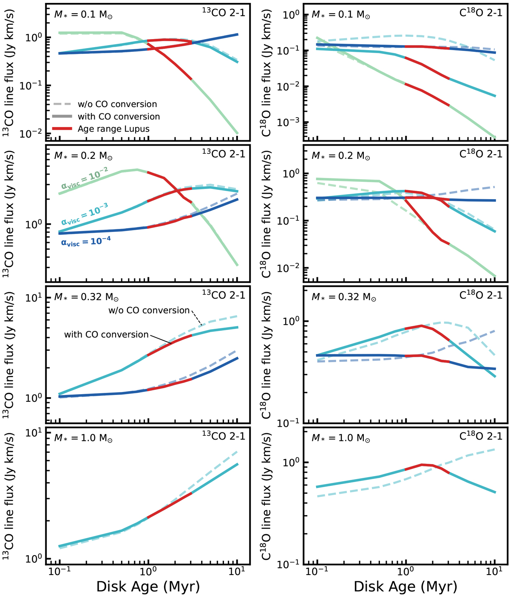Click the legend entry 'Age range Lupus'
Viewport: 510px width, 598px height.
pyautogui.click(x=113, y=129)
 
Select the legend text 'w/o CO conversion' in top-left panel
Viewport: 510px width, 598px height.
pyautogui.click(x=117, y=104)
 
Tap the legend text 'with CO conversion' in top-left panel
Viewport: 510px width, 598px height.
pyautogui.click(x=119, y=116)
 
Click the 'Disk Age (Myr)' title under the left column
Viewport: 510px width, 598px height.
pyautogui.click(x=148, y=587)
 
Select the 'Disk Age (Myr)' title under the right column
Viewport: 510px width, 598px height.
pyautogui.click(x=405, y=587)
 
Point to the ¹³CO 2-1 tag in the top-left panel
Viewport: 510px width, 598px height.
pyautogui.click(x=224, y=13)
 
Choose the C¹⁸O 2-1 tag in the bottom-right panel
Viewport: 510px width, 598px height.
pyautogui.click(x=481, y=436)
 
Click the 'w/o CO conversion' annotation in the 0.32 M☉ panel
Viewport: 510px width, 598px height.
pyautogui.click(x=149, y=310)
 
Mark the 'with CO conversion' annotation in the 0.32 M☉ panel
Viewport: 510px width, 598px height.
pyautogui.click(x=106, y=335)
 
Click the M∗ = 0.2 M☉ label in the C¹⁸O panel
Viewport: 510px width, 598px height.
pyautogui.click(x=340, y=156)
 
